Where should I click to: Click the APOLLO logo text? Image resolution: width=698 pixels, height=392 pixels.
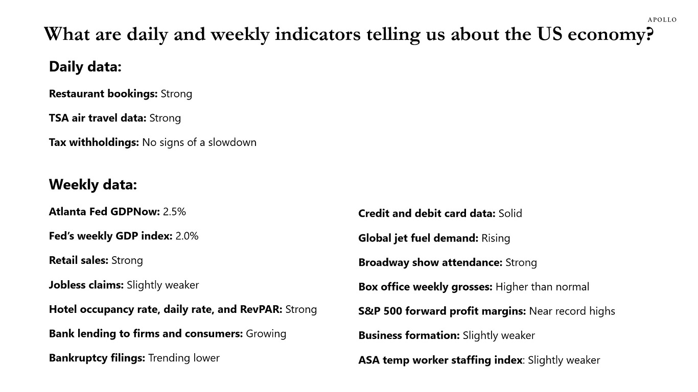click(x=662, y=20)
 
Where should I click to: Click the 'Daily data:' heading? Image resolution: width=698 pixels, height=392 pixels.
click(x=85, y=67)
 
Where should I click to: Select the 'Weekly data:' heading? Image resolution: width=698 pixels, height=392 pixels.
click(x=92, y=184)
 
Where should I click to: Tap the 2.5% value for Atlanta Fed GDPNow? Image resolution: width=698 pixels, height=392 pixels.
click(x=174, y=211)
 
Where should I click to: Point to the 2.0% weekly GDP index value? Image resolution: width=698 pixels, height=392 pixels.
click(x=187, y=236)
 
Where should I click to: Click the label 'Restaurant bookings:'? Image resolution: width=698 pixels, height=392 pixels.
click(x=103, y=94)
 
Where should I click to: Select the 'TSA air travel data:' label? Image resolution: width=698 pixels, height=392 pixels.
click(x=97, y=118)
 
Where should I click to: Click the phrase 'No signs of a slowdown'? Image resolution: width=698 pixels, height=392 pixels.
click(x=199, y=142)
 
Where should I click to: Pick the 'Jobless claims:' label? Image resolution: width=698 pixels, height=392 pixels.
click(x=86, y=285)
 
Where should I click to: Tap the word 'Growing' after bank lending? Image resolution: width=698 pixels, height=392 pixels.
click(x=266, y=334)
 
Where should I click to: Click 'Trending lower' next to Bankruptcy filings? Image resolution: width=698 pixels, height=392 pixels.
click(x=183, y=358)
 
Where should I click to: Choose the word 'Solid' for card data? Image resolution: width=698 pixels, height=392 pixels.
click(x=510, y=213)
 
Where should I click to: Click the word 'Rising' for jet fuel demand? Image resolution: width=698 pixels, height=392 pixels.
click(x=495, y=238)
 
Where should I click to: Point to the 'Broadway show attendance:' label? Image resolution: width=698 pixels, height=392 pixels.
click(x=430, y=262)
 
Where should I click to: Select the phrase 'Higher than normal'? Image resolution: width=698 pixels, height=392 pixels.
click(x=542, y=287)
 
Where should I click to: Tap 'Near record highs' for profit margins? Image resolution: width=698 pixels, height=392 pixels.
click(x=572, y=311)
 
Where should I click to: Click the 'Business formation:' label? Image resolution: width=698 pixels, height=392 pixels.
click(x=409, y=335)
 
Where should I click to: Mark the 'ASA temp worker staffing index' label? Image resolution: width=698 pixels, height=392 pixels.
click(x=440, y=360)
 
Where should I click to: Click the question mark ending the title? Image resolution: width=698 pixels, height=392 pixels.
click(x=649, y=35)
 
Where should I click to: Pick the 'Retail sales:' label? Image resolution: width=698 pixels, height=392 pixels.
click(x=79, y=260)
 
